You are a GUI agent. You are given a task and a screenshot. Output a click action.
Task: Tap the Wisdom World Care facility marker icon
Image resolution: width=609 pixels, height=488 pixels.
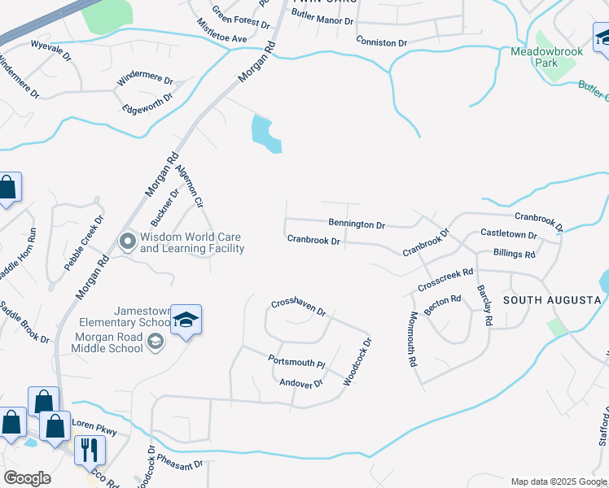tap(127, 242)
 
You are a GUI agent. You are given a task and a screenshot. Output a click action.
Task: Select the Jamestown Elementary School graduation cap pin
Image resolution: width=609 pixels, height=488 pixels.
tap(186, 320)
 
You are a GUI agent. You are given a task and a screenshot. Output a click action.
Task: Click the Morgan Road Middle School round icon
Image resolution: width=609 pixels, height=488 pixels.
tap(155, 343)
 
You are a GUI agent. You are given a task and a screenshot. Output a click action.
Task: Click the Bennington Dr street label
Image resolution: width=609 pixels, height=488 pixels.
tap(357, 223)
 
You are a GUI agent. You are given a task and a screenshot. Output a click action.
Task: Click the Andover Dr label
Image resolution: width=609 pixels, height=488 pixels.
tap(300, 382)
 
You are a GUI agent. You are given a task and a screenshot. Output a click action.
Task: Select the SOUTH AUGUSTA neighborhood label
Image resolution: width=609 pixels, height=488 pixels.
tap(552, 300)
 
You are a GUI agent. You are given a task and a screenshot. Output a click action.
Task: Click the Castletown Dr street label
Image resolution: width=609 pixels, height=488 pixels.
tap(509, 234)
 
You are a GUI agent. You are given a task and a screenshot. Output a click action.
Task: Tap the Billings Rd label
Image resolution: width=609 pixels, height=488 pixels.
tap(514, 255)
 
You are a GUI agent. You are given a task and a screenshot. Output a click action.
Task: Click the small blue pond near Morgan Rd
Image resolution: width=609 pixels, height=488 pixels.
tap(265, 134)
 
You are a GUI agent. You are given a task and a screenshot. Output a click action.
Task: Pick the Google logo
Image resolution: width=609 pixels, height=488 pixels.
tap(27, 478)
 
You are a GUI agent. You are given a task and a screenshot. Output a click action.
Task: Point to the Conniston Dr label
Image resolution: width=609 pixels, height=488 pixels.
tap(381, 41)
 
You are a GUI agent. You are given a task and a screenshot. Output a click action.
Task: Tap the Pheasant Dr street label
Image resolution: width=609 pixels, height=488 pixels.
tap(180, 461)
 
